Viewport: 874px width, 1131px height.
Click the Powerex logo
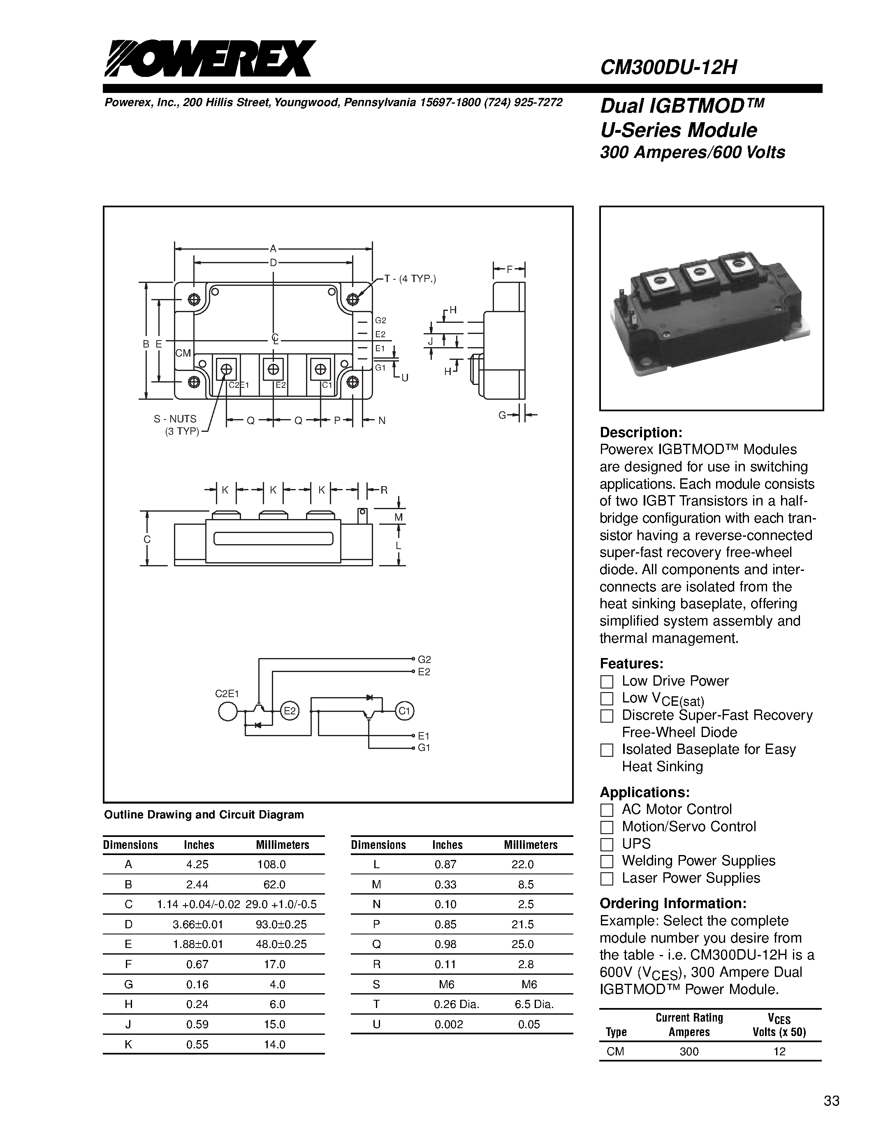(x=210, y=58)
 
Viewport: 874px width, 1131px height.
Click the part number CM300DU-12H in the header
(x=668, y=67)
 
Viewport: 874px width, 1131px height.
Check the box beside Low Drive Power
(x=606, y=681)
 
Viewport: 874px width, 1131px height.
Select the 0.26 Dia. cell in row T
(x=456, y=1004)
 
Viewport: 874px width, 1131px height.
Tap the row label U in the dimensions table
(x=376, y=1024)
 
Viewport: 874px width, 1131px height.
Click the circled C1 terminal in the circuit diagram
(x=404, y=712)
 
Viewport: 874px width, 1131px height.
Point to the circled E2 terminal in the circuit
(x=290, y=712)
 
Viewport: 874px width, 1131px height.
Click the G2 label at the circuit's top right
(x=424, y=660)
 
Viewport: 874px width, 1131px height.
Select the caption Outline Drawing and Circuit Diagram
(x=204, y=815)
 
